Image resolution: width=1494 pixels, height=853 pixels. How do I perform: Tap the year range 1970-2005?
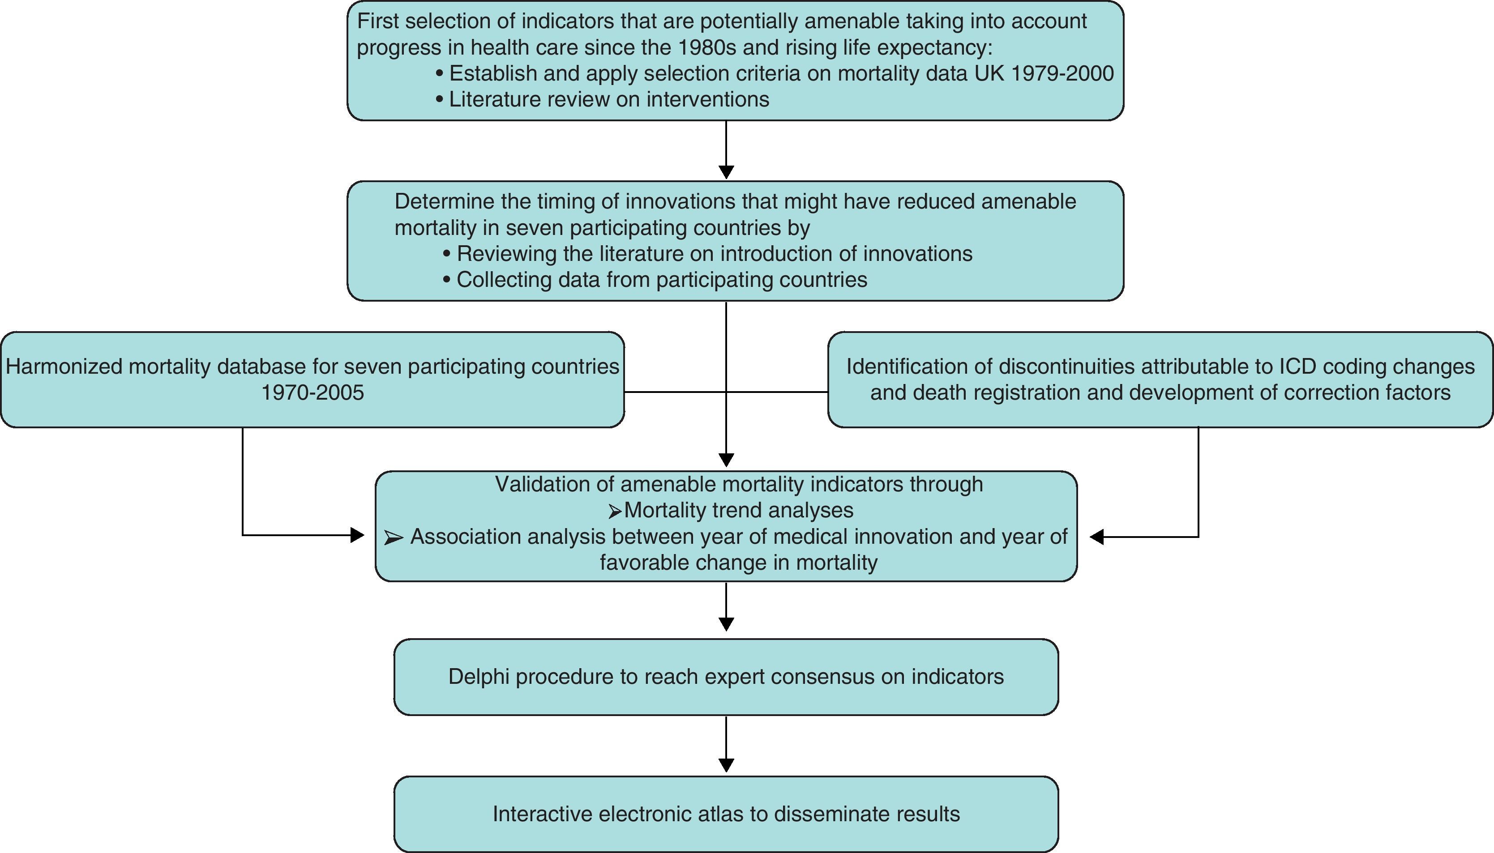click(x=312, y=392)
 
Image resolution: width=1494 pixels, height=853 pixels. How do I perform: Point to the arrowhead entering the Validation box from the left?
click(x=357, y=535)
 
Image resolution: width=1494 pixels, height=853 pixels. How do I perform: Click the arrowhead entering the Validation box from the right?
click(x=1097, y=537)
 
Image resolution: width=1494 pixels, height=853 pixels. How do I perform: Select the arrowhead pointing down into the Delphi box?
click(x=726, y=624)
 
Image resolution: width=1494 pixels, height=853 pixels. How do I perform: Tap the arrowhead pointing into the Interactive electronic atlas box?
click(x=726, y=765)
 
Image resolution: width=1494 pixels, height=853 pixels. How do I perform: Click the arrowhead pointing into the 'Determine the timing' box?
click(x=726, y=172)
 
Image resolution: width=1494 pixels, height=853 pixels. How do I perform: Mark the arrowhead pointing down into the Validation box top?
click(x=726, y=460)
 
